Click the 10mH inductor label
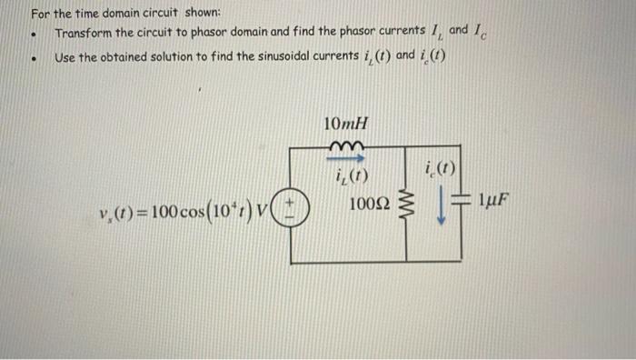pos(345,124)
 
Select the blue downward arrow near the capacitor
pos(442,209)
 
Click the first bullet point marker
pos(34,35)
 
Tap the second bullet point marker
pos(34,60)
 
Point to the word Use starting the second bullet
pos(66,57)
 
